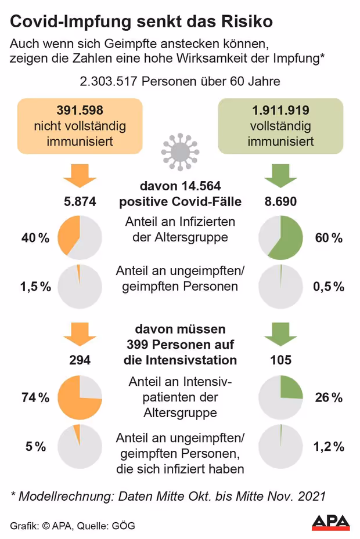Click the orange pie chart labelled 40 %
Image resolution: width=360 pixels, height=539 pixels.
pos(80,238)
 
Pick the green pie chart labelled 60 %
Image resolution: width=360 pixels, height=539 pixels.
pos(280,238)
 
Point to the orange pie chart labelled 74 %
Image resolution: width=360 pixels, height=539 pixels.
pos(80,397)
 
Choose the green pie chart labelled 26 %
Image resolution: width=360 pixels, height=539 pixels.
pos(280,397)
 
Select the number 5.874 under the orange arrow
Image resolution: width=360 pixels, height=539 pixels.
pos(80,202)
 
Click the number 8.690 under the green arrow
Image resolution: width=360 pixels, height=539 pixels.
pos(280,202)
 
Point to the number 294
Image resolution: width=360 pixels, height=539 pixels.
pos(80,360)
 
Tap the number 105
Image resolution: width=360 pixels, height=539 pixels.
pos(280,360)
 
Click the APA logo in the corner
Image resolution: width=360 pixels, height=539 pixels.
pos(330,522)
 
